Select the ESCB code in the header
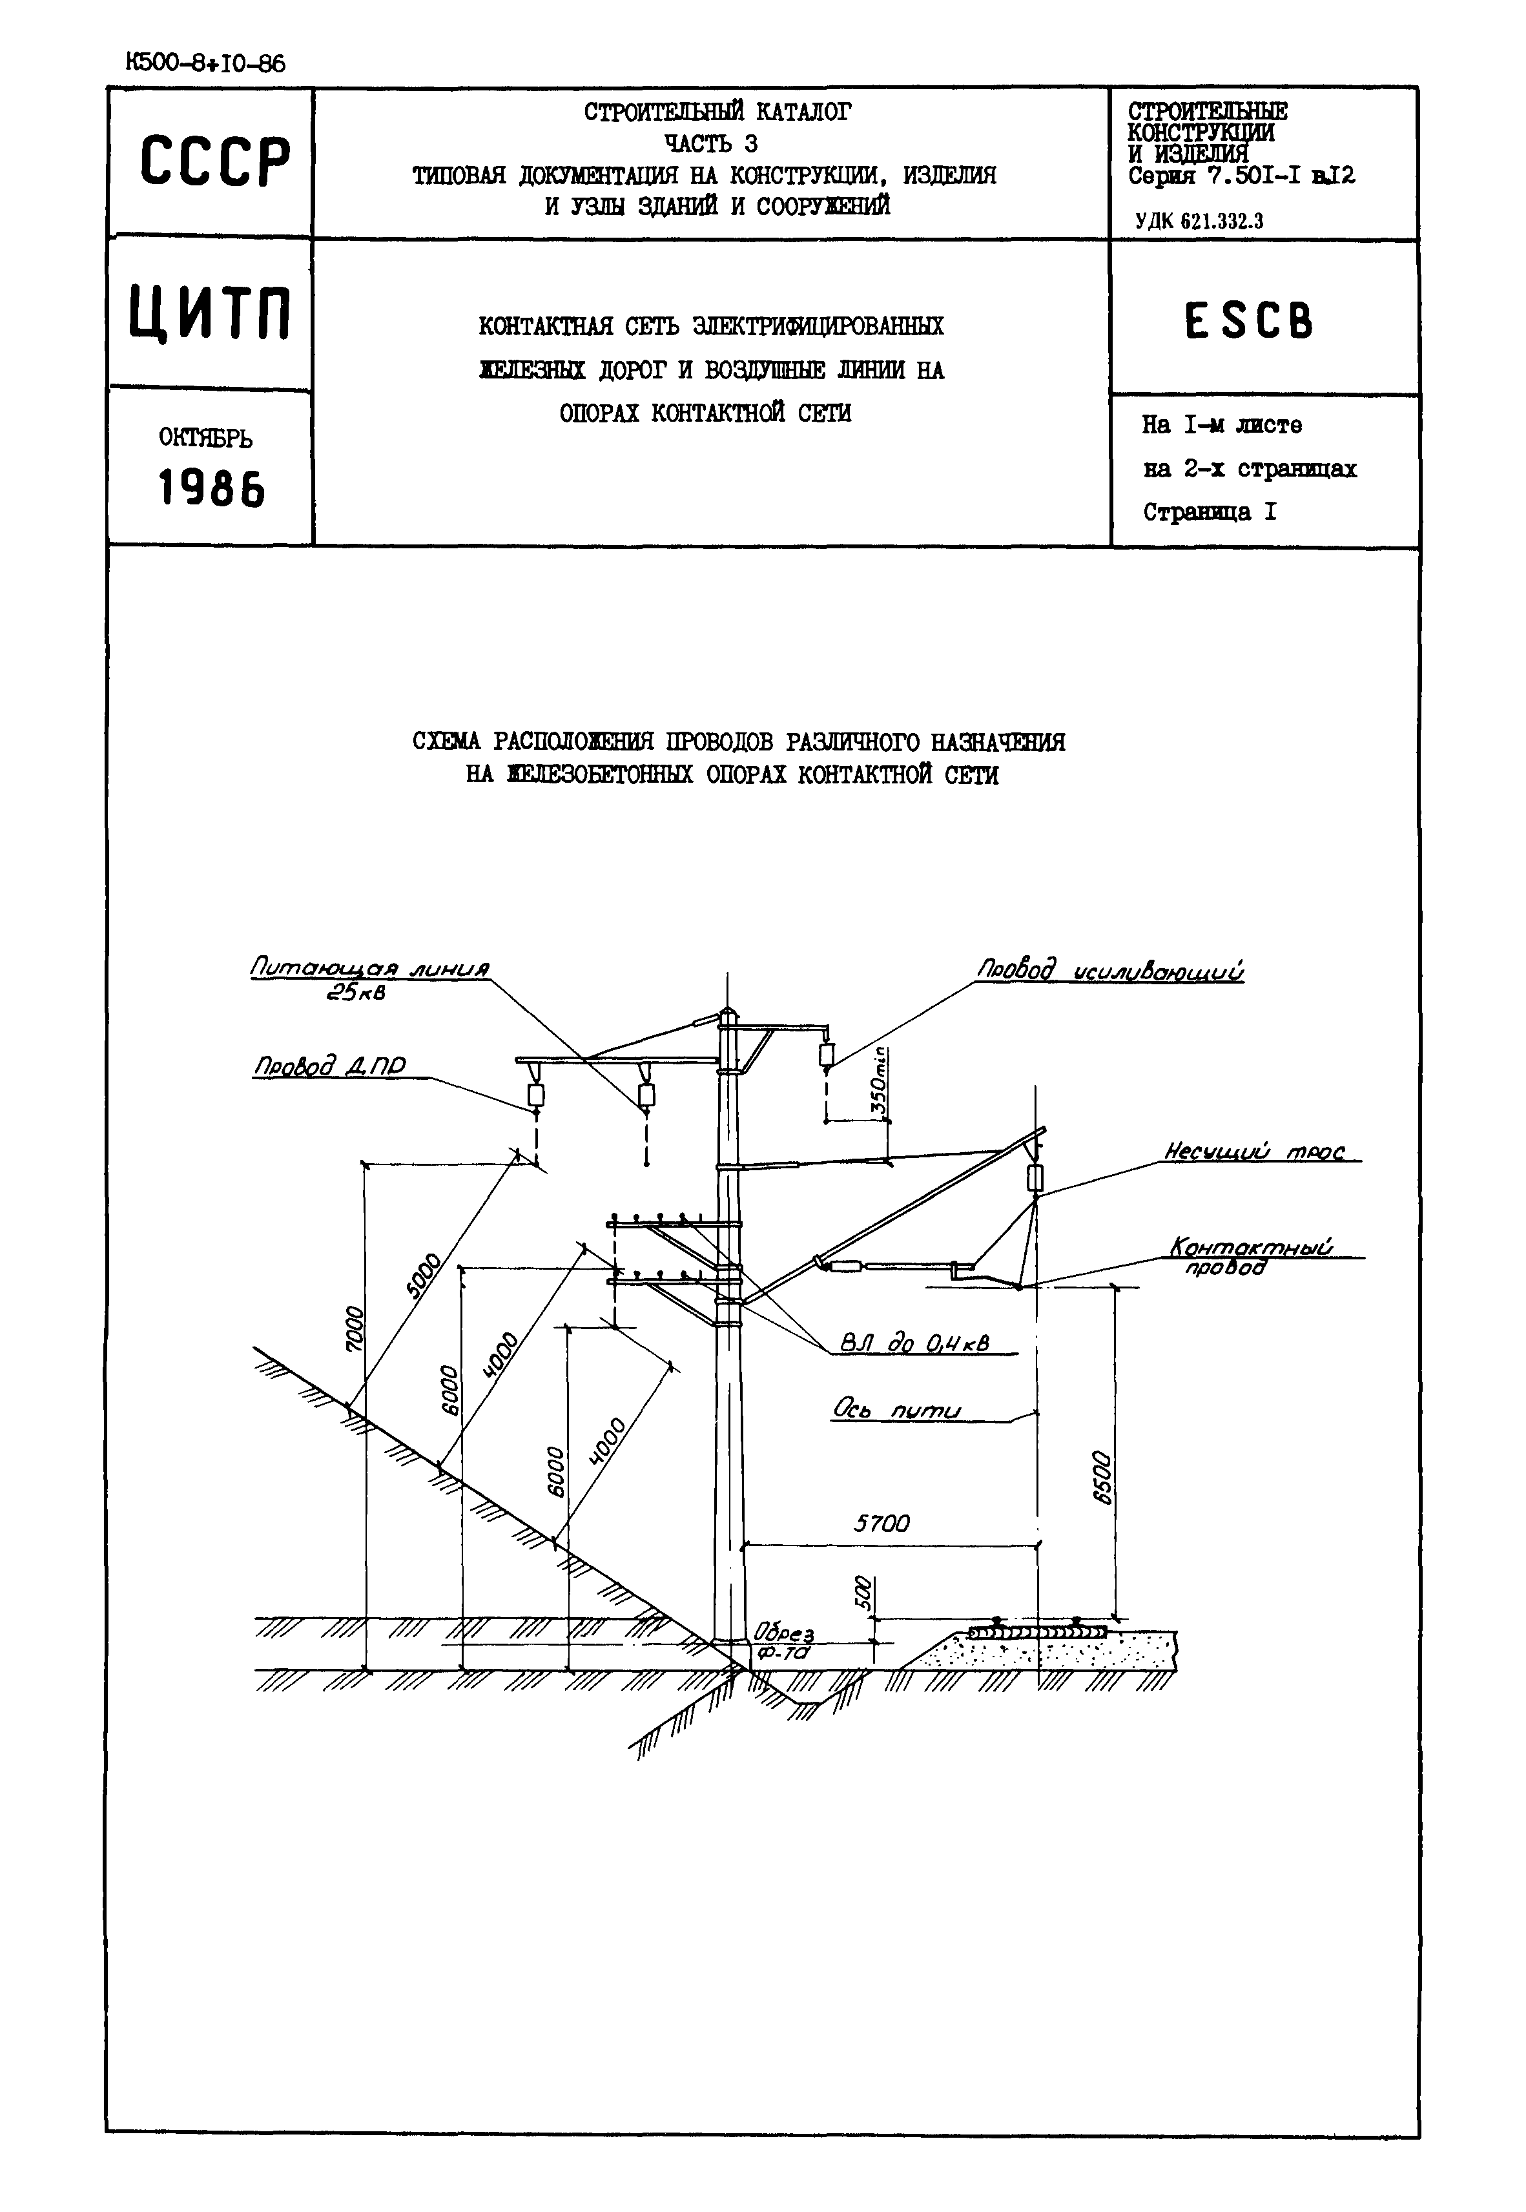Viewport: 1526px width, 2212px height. click(1250, 320)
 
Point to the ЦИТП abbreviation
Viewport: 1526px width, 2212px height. click(211, 313)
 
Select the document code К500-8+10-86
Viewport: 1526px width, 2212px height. click(205, 64)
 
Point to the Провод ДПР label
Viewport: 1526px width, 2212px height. click(330, 1067)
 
